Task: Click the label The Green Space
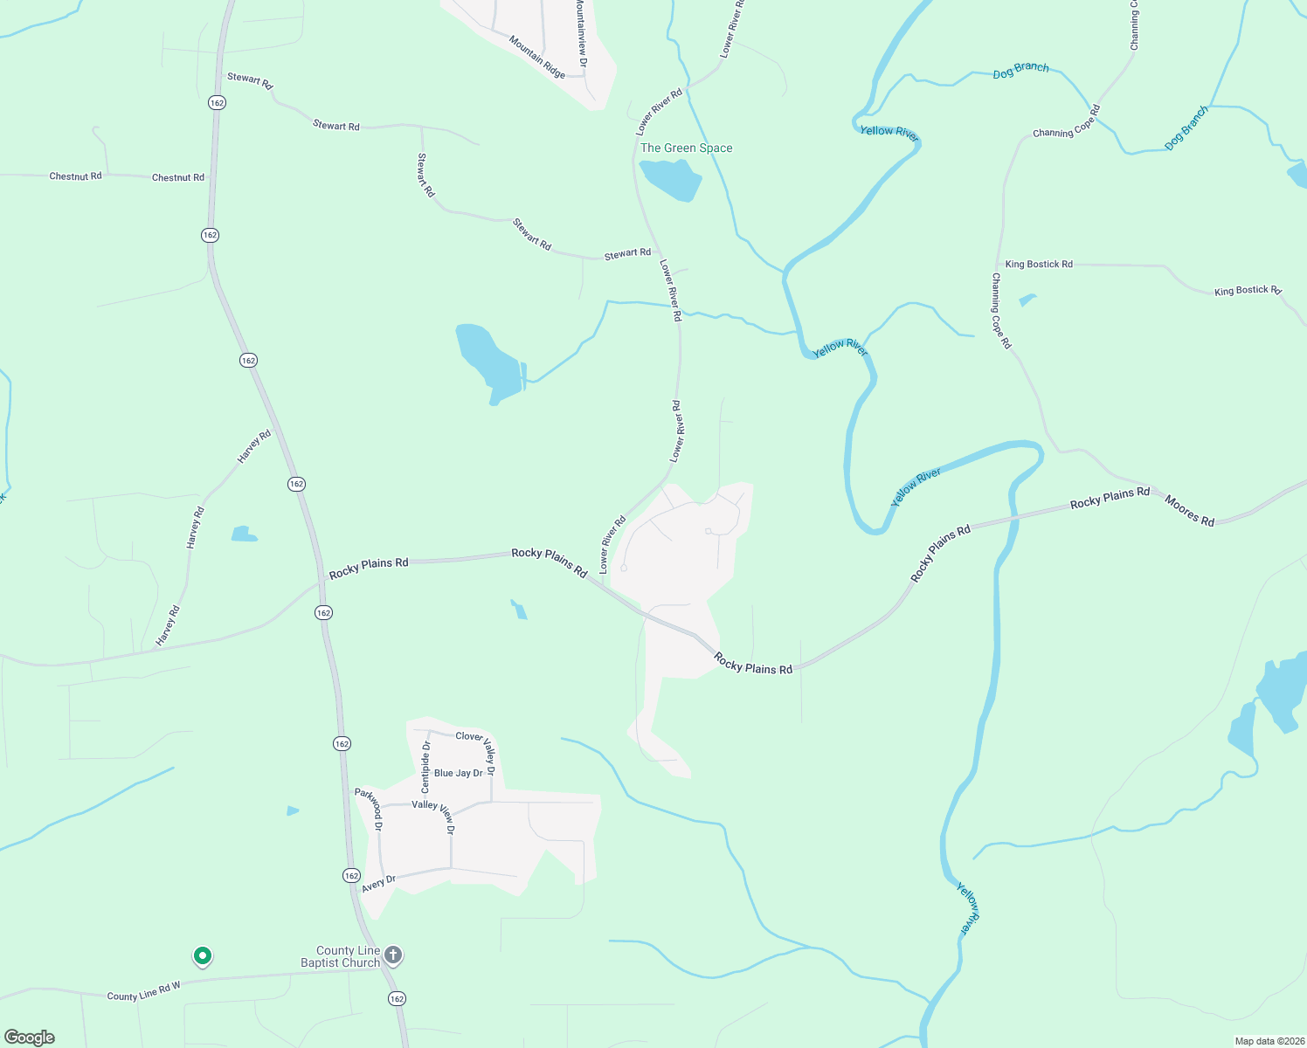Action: pyautogui.click(x=686, y=148)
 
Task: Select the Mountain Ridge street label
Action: pyautogui.click(x=537, y=57)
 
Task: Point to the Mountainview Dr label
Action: pyautogui.click(x=581, y=28)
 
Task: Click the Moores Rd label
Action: pyautogui.click(x=1189, y=510)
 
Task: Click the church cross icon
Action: pyautogui.click(x=393, y=955)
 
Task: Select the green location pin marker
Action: pyautogui.click(x=202, y=957)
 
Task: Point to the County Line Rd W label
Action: pyautogui.click(x=143, y=991)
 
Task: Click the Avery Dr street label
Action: pyautogui.click(x=378, y=884)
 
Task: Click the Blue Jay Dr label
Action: pyautogui.click(x=459, y=773)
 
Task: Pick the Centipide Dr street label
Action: pyautogui.click(x=425, y=767)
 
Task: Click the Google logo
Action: pyautogui.click(x=30, y=1037)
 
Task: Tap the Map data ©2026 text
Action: pyautogui.click(x=1267, y=1041)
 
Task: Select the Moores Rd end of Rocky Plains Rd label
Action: pyautogui.click(x=1110, y=498)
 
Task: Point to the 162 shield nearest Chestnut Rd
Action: pyautogui.click(x=210, y=235)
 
